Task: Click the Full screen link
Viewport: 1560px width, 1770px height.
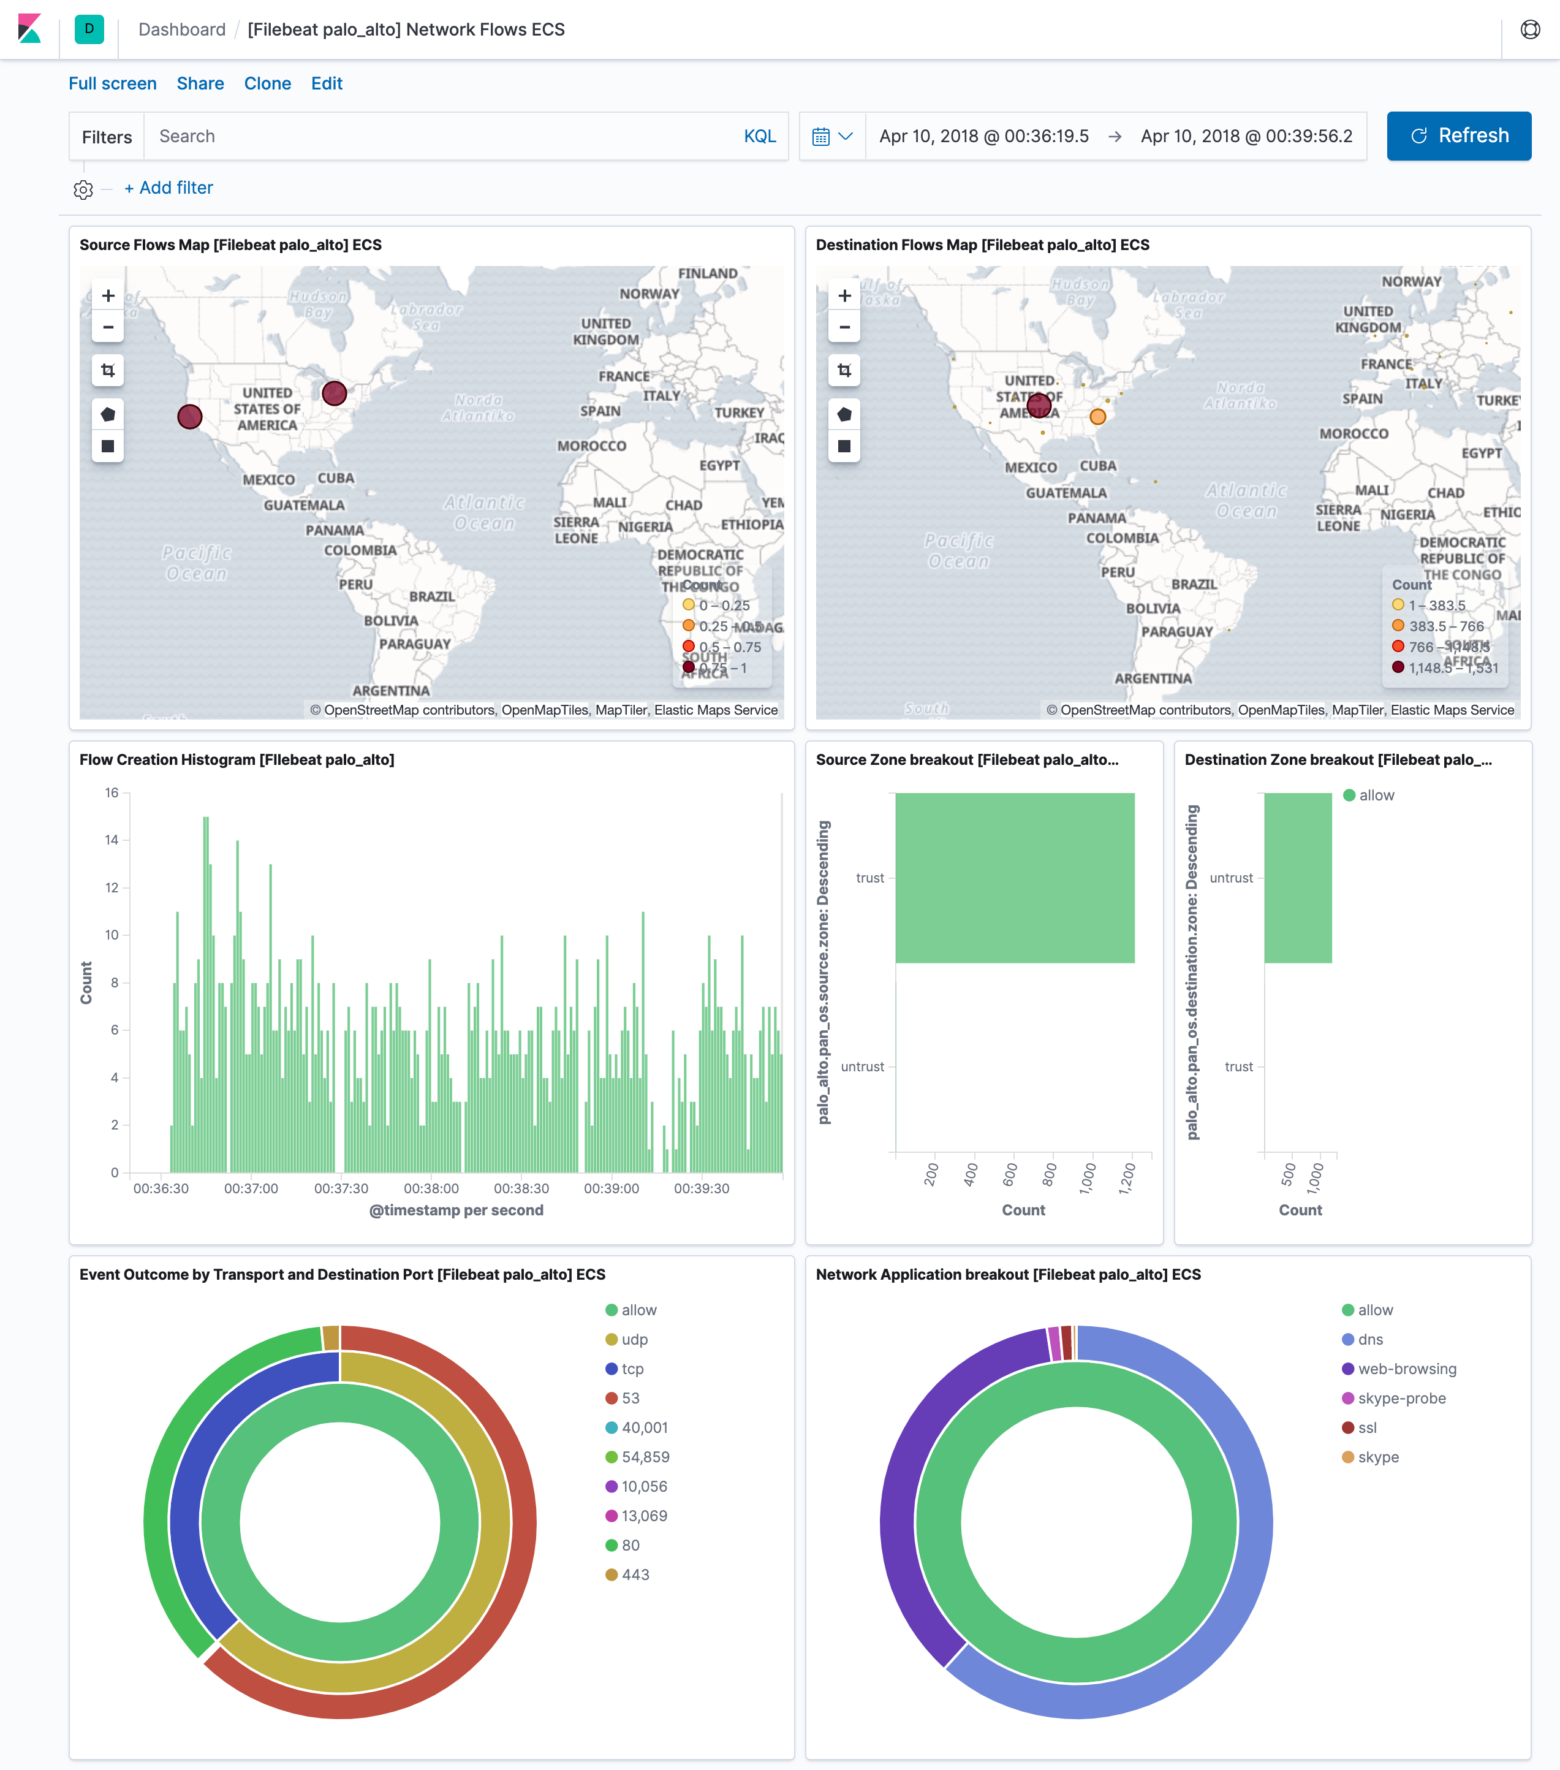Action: pyautogui.click(x=113, y=83)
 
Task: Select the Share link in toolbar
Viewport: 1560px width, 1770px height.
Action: pyautogui.click(x=200, y=83)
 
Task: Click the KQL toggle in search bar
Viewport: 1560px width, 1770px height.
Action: pyautogui.click(x=759, y=136)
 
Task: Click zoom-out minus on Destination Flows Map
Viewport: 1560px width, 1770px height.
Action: pyautogui.click(x=844, y=327)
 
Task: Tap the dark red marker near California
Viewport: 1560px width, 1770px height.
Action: pyautogui.click(x=189, y=417)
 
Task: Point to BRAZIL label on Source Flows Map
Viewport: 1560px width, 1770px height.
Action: pyautogui.click(x=431, y=596)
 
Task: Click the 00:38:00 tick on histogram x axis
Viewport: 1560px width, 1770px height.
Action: pyautogui.click(x=431, y=1188)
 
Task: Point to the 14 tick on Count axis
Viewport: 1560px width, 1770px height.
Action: pyautogui.click(x=112, y=840)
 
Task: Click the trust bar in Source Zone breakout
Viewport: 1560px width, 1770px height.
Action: pyautogui.click(x=1015, y=877)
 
